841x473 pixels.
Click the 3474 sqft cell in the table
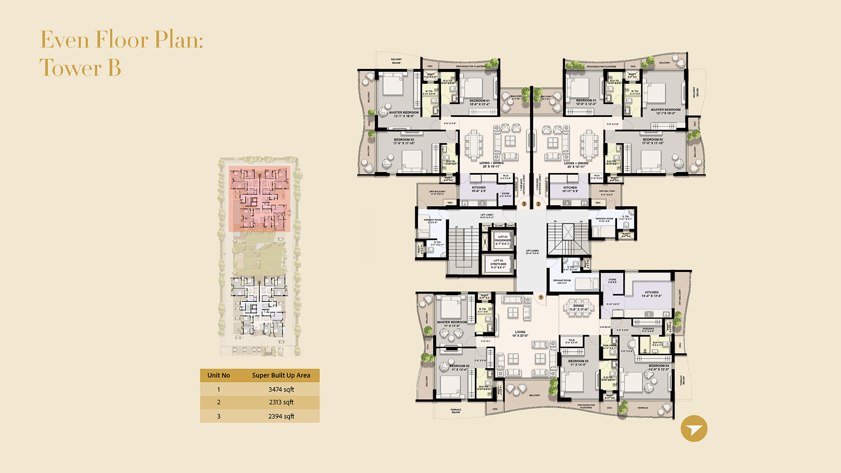coord(281,389)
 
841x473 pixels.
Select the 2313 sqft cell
coord(281,402)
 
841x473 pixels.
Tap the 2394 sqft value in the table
coord(281,416)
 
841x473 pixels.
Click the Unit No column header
coord(219,375)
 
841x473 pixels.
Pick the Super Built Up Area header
coord(281,375)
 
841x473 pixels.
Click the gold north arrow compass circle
coord(694,428)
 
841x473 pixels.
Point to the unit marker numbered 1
coord(541,297)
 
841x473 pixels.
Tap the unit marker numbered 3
coord(524,204)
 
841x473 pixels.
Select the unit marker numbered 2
coord(538,204)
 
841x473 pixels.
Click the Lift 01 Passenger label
coord(502,240)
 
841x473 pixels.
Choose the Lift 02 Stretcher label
coord(498,264)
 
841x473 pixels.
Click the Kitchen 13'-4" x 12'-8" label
coord(651,294)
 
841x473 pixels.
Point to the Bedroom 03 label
coord(578,363)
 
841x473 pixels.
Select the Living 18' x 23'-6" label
coord(520,334)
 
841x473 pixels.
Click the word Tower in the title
coord(71,68)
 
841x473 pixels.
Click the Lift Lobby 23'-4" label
coord(532,252)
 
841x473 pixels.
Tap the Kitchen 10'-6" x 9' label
coord(478,189)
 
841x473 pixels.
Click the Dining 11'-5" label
coord(579,307)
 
